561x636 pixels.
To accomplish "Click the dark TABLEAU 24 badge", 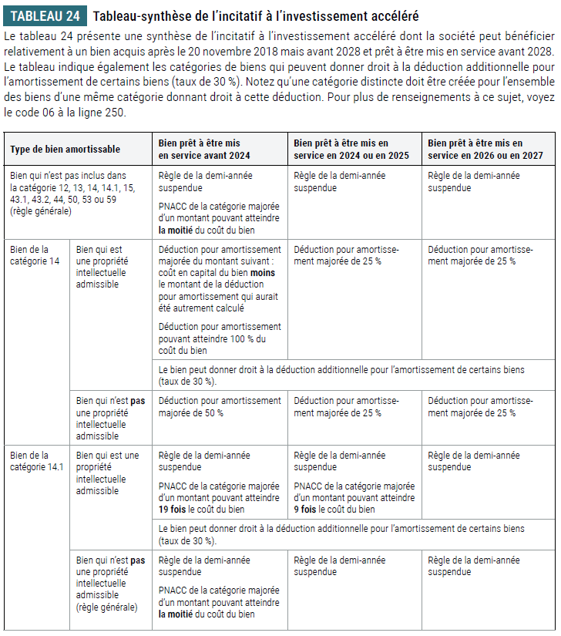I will [45, 16].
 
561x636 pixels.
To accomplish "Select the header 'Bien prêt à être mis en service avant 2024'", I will [203, 149].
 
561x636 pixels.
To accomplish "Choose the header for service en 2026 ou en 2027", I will [485, 149].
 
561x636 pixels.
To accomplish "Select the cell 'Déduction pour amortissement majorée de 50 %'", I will [220, 406].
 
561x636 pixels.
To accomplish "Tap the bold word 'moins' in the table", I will [261, 273].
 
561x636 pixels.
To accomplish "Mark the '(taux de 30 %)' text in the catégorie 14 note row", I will [187, 381].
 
